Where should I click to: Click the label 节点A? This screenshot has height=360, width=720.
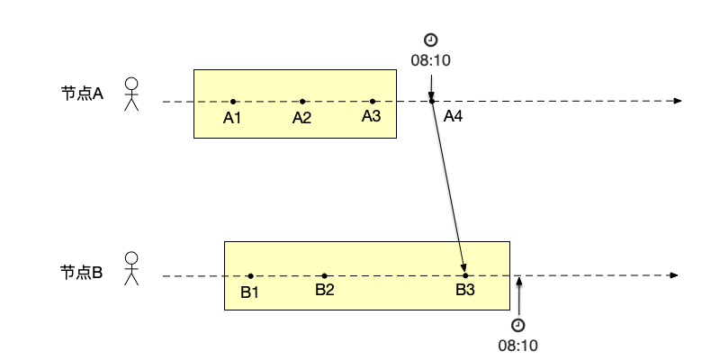click(83, 93)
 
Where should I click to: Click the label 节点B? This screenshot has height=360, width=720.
click(82, 269)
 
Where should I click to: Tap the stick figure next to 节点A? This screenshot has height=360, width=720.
click(132, 94)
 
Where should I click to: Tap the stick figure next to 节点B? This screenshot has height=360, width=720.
click(132, 268)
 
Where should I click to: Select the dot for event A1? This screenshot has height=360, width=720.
click(232, 102)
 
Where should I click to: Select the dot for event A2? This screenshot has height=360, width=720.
click(302, 102)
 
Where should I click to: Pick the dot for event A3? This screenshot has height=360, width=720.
click(373, 102)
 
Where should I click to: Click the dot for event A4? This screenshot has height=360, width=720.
click(432, 102)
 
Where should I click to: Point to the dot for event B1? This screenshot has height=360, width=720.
click(249, 275)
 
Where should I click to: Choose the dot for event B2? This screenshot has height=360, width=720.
click(324, 275)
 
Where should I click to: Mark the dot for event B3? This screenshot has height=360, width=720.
click(465, 275)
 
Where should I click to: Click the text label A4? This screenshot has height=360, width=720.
click(453, 117)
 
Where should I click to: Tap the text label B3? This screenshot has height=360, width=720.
click(464, 290)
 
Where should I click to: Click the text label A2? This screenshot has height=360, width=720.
click(301, 118)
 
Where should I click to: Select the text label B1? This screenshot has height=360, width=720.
click(249, 291)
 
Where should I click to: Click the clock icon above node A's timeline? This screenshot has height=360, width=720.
click(431, 40)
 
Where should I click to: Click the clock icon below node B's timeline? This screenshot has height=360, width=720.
click(518, 325)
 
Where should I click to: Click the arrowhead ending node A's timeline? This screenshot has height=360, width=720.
click(678, 102)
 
